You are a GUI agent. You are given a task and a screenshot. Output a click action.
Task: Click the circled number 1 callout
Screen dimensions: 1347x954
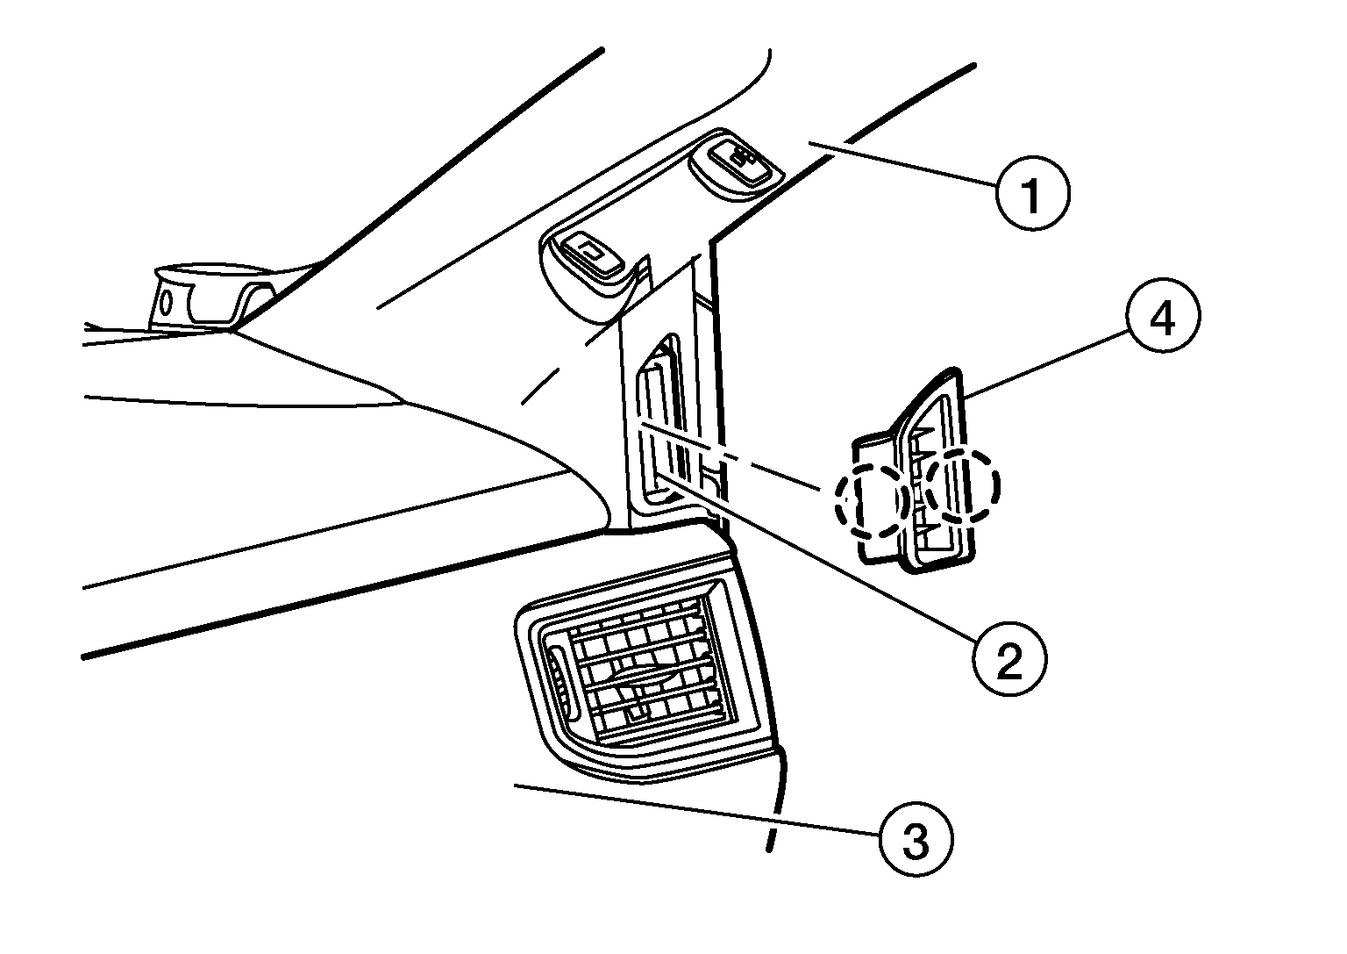pos(1032,193)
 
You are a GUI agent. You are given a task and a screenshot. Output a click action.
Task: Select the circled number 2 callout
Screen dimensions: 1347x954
pos(1010,660)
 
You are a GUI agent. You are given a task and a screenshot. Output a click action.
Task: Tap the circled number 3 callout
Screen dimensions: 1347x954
pos(916,839)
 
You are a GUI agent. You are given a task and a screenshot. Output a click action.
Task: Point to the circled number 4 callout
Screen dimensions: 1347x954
pos(1163,316)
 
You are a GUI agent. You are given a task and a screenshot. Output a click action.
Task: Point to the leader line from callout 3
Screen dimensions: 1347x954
pos(697,809)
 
